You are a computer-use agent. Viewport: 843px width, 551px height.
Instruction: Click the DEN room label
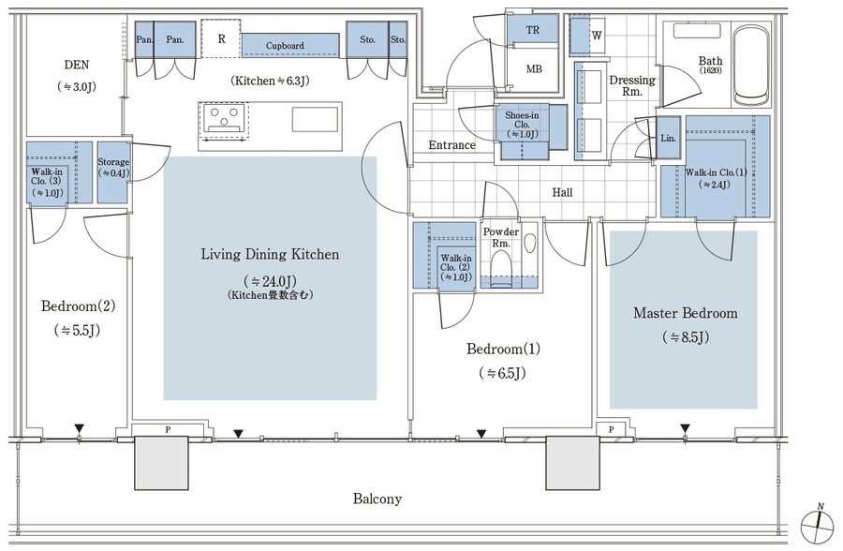(77, 65)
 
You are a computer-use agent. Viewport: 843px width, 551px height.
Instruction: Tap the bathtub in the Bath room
(751, 65)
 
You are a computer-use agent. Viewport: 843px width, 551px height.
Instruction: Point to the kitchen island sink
(315, 119)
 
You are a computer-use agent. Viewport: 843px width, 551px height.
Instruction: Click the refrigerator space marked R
(221, 38)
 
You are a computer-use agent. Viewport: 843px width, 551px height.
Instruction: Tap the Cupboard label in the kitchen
(285, 46)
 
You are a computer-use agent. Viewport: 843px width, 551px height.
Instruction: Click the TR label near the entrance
(533, 30)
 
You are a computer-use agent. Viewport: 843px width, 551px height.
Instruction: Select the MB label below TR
(534, 69)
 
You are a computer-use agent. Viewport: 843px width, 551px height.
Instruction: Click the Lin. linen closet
(668, 138)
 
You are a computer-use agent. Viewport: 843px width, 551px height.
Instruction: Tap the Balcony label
(377, 499)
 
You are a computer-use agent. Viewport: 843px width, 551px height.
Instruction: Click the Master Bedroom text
(686, 313)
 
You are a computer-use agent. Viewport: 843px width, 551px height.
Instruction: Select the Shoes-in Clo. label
(522, 125)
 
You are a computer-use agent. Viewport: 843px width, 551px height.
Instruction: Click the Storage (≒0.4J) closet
(113, 172)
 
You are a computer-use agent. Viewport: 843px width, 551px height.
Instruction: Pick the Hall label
(562, 192)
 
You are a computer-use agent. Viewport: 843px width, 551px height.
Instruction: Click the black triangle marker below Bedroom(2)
(80, 429)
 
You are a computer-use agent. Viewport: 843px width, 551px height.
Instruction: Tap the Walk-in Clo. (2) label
(456, 267)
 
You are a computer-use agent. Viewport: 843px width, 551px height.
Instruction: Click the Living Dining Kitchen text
(270, 255)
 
